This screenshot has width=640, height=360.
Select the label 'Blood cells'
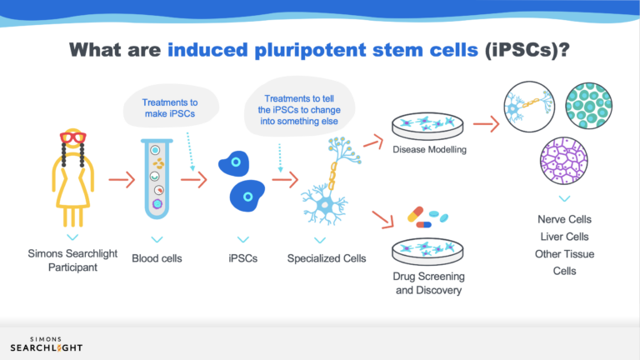click(157, 258)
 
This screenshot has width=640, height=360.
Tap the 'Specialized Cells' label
click(327, 258)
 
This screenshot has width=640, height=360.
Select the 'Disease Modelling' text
click(428, 150)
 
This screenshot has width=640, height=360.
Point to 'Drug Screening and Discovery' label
click(428, 283)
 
